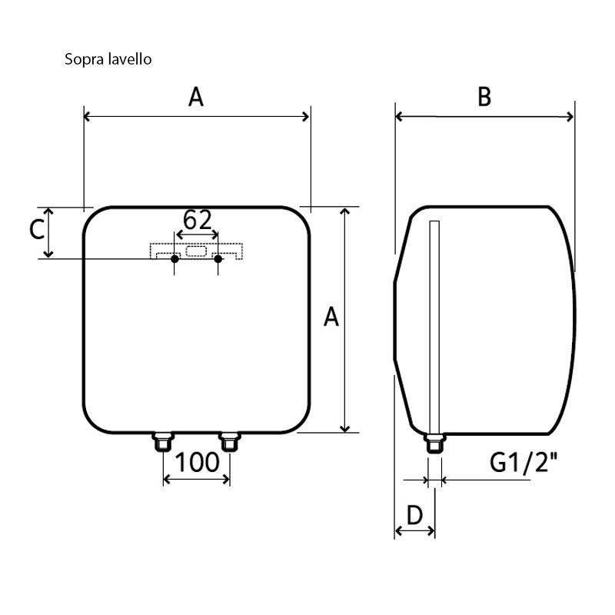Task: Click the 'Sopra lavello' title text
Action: (x=108, y=59)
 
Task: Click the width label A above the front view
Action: (x=197, y=98)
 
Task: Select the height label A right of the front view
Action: (x=331, y=316)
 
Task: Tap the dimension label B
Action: (x=484, y=97)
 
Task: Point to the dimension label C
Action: (x=35, y=230)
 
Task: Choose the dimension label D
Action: (x=414, y=515)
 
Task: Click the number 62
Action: (x=197, y=221)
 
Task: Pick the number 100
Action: (x=198, y=463)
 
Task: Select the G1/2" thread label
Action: (x=524, y=463)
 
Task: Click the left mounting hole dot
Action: (x=175, y=259)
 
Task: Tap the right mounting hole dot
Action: (x=218, y=259)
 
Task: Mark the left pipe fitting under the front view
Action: (x=163, y=442)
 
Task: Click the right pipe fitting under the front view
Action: (x=230, y=442)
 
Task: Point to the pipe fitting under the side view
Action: (x=434, y=444)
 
